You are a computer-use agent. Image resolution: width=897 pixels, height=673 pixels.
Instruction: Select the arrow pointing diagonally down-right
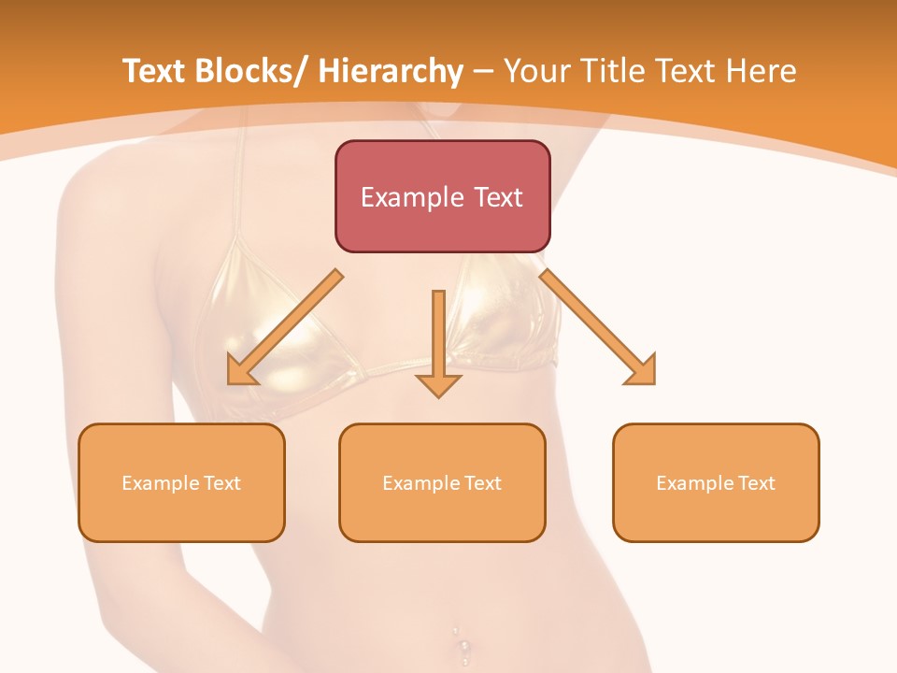coord(599,328)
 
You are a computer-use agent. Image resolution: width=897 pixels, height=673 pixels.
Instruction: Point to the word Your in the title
coord(535,71)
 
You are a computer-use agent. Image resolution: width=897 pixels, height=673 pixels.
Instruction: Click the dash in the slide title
coord(483,71)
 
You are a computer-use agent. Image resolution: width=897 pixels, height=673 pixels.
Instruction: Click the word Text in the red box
coord(497,197)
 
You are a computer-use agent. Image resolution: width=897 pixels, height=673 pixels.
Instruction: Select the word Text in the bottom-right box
coord(757,483)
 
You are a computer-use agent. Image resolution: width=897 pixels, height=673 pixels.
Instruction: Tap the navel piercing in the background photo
coord(461,645)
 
